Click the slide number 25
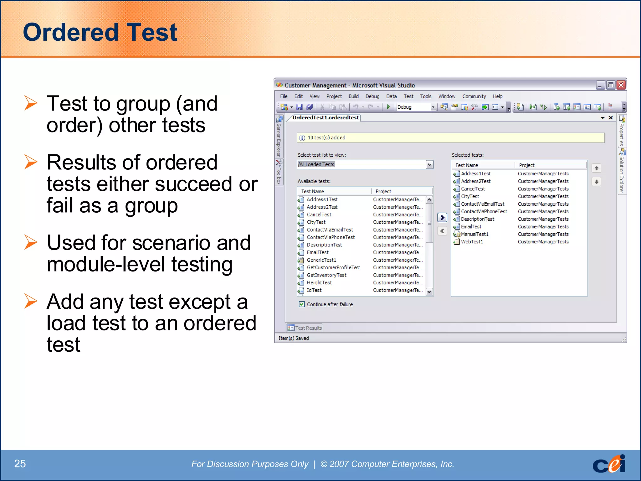pyautogui.click(x=20, y=463)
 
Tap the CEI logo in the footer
pyautogui.click(x=609, y=464)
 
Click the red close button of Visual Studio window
pyautogui.click(x=621, y=85)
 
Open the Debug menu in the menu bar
pyautogui.click(x=372, y=96)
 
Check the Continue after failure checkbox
pyautogui.click(x=302, y=304)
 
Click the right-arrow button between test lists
pyautogui.click(x=442, y=217)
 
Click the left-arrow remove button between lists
pyautogui.click(x=442, y=231)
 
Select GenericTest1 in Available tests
pyautogui.click(x=321, y=260)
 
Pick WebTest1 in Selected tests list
pyautogui.click(x=472, y=242)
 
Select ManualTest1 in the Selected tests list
pyautogui.click(x=474, y=234)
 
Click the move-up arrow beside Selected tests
pyautogui.click(x=597, y=168)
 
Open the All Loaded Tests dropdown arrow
pyautogui.click(x=429, y=164)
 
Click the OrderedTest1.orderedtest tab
pyautogui.click(x=326, y=118)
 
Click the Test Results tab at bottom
pyautogui.click(x=305, y=328)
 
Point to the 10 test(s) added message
pyautogui.click(x=326, y=138)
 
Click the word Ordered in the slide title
pyautogui.click(x=71, y=32)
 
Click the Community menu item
pyautogui.click(x=474, y=96)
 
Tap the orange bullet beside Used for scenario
pyautogui.click(x=31, y=243)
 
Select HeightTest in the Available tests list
pyautogui.click(x=319, y=282)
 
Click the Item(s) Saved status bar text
pyautogui.click(x=294, y=338)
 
